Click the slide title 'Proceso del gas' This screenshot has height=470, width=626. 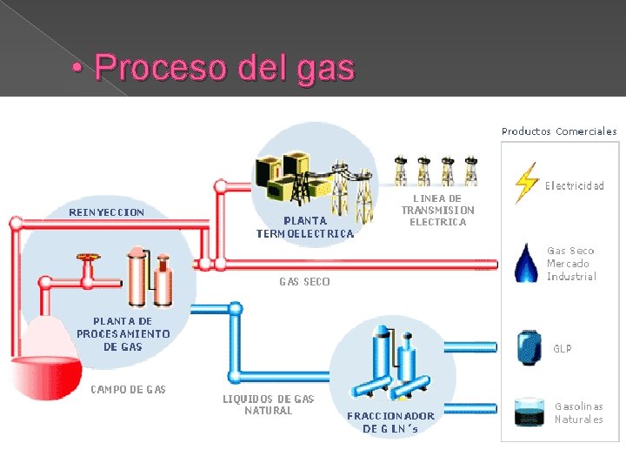224,67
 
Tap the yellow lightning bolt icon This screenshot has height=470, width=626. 525,183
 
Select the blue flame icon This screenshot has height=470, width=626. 526,263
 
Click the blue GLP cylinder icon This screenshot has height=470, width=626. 528,347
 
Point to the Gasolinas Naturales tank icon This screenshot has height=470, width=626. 527,412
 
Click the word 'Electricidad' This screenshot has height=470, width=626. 574,185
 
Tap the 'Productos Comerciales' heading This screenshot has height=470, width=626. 559,131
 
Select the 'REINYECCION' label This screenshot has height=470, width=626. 107,211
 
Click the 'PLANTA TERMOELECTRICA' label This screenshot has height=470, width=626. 305,227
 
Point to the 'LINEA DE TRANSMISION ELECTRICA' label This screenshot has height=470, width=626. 437,210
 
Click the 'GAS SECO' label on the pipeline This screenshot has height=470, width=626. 304,281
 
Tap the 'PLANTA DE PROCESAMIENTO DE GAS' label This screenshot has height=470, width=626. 123,333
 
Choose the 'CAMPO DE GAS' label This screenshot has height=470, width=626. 128,389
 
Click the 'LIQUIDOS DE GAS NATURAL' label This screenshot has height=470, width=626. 268,404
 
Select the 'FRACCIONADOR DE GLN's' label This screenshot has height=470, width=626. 390,422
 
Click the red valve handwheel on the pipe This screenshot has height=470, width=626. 87,258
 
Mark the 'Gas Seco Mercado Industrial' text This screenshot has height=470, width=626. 571,263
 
